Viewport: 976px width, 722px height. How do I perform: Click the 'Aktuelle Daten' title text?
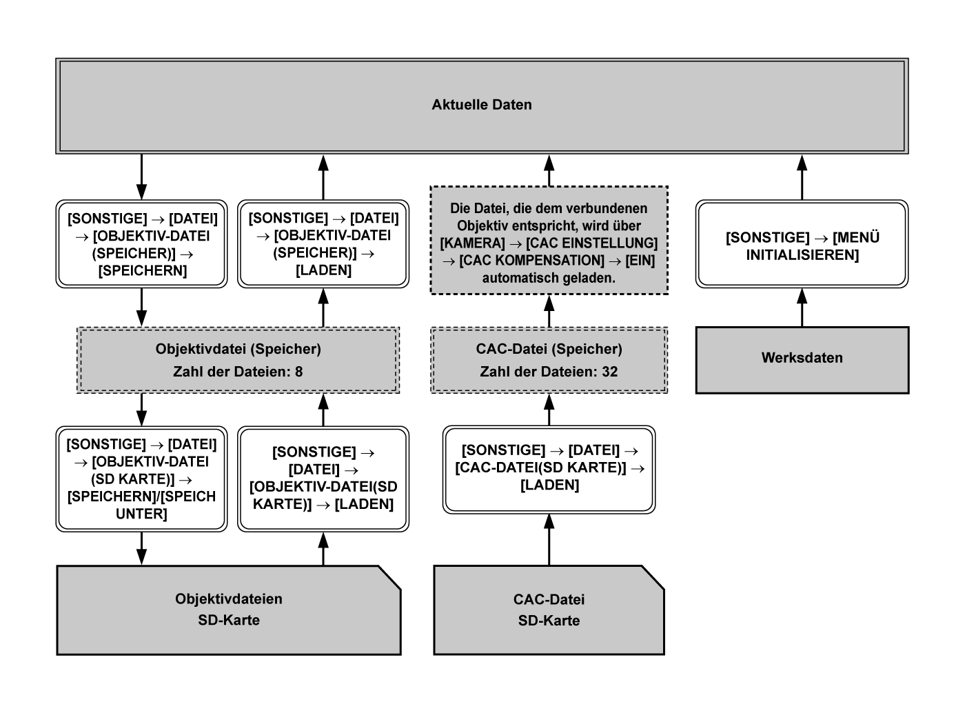coord(481,105)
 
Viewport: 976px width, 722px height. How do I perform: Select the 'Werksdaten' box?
coord(802,358)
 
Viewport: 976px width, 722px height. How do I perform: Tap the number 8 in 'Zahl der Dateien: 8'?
coord(298,372)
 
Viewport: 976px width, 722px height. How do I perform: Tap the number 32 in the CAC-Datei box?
coord(609,372)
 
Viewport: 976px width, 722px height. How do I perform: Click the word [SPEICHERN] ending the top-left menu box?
coord(143,271)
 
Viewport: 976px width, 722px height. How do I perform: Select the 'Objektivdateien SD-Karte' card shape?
coord(228,610)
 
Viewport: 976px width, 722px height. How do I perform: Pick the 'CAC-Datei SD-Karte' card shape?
coord(549,610)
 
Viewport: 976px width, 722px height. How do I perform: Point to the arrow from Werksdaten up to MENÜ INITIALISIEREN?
coord(802,308)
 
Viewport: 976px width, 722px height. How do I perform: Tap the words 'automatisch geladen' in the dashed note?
coord(549,278)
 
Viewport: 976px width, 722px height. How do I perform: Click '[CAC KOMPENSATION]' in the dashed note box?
coord(531,261)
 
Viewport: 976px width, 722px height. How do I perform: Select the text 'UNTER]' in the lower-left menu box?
coord(142,514)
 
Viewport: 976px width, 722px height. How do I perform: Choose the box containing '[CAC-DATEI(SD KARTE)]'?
coord(549,468)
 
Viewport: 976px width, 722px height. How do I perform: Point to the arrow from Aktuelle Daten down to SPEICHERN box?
coord(141,177)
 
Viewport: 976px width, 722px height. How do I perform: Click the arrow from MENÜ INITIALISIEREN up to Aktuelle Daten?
coord(802,177)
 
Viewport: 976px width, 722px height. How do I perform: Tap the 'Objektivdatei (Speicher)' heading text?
coord(238,349)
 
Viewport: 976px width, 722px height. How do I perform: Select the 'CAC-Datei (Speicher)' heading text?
coord(549,349)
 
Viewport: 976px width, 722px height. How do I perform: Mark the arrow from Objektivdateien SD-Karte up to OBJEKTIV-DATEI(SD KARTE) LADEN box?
coord(323,549)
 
